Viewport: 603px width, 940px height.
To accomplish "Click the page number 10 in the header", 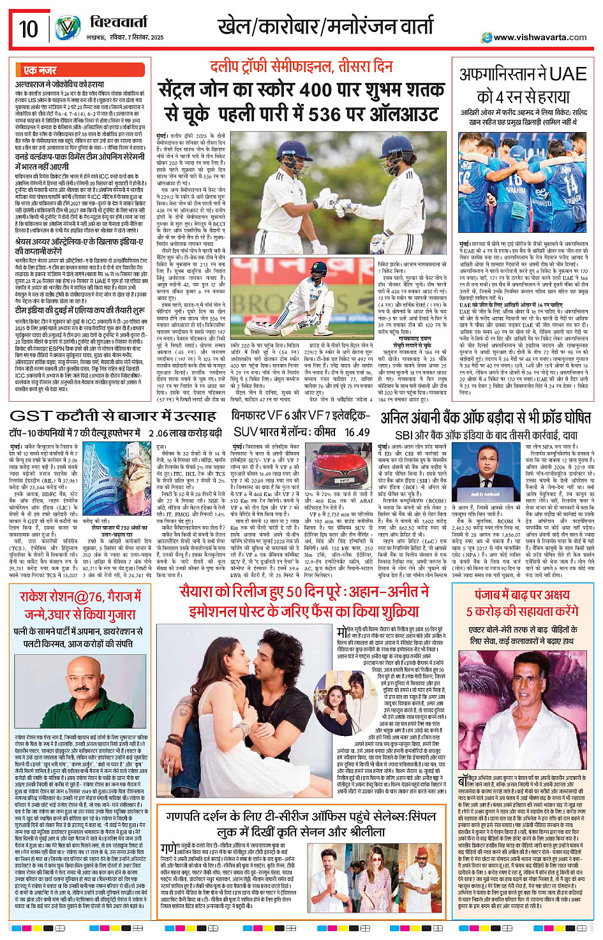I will tap(28, 29).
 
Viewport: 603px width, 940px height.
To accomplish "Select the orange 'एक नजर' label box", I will tap(39, 70).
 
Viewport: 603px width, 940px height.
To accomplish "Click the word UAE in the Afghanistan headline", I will tap(562, 75).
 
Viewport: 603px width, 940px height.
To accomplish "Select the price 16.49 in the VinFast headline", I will tap(357, 432).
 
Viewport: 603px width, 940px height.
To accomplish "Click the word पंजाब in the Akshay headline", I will tap(491, 594).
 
